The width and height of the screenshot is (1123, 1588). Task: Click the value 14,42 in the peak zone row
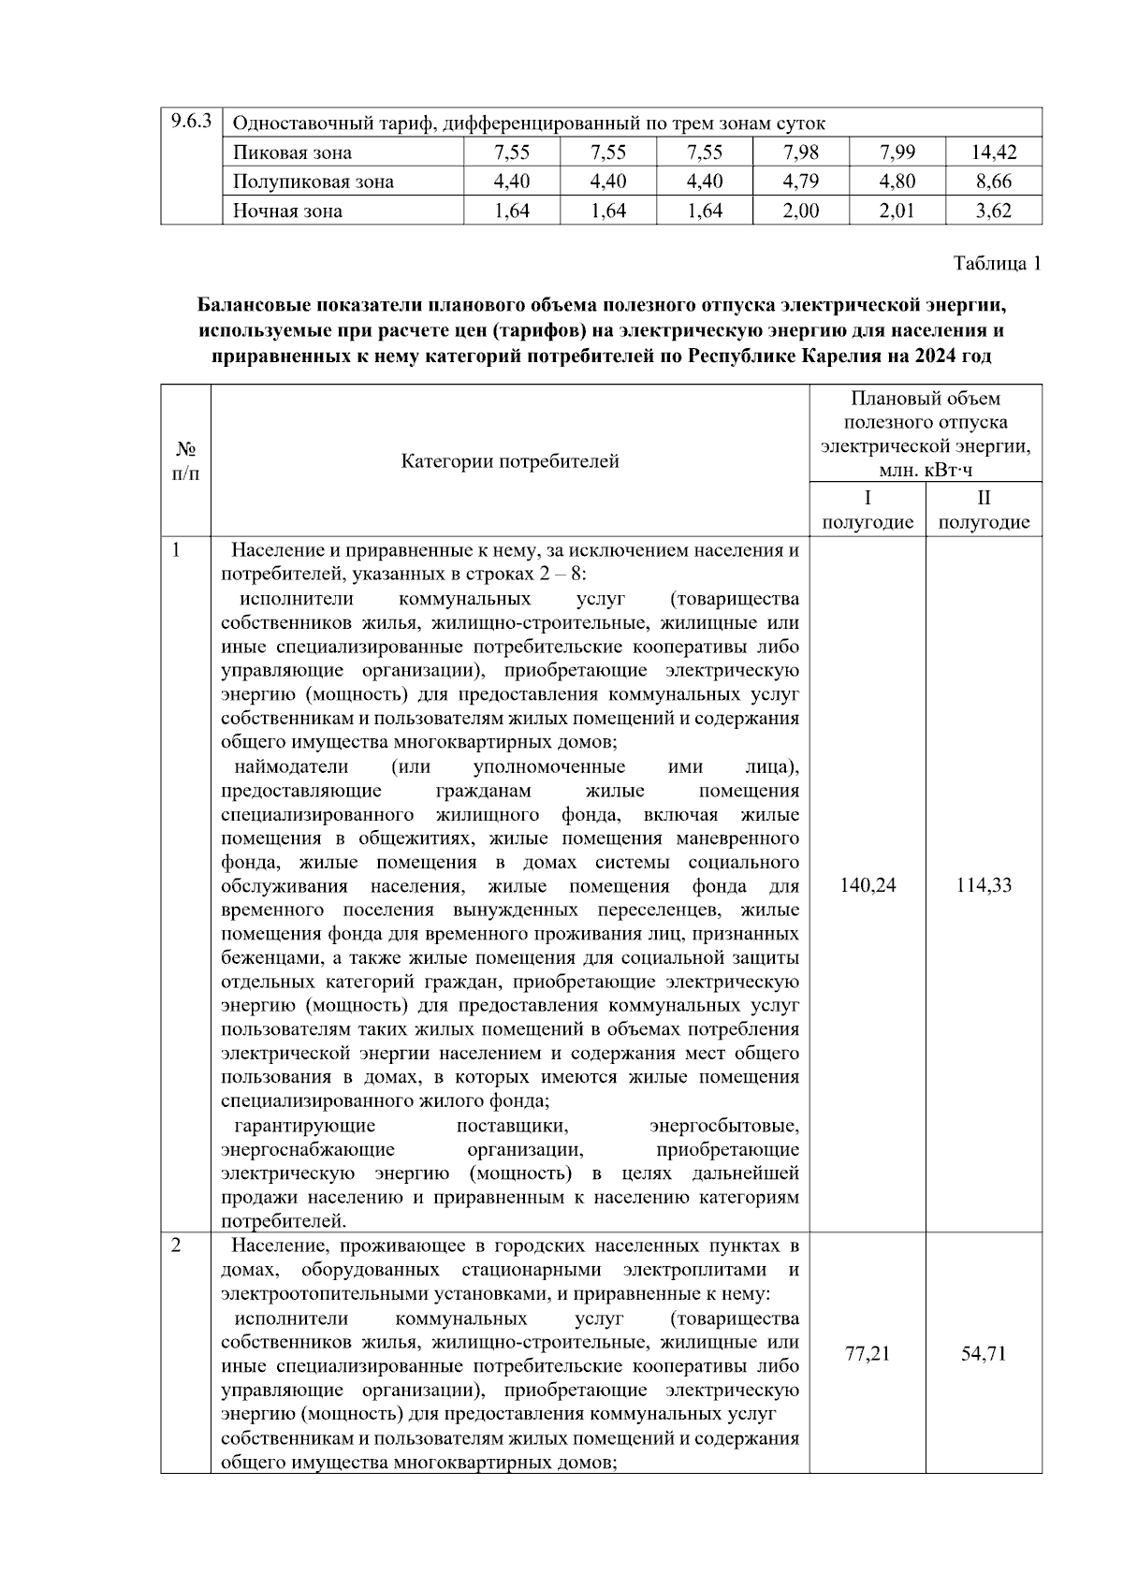(993, 153)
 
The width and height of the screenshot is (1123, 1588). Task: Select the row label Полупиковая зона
(313, 182)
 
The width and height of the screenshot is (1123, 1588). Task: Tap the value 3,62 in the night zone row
(993, 211)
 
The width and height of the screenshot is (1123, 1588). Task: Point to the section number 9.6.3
(191, 122)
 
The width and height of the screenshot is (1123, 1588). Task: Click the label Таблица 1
(997, 264)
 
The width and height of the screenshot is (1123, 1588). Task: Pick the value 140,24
(868, 885)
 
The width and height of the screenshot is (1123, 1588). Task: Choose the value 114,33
(984, 885)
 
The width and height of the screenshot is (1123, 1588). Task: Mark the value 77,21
(868, 1353)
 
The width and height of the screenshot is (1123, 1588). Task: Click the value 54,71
(984, 1353)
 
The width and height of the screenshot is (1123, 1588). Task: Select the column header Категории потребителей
(510, 461)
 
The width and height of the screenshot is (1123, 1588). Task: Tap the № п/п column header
(185, 461)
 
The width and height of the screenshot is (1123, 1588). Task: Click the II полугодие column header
(984, 510)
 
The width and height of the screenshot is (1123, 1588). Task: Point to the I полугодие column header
(868, 510)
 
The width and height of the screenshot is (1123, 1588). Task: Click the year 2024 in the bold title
(938, 357)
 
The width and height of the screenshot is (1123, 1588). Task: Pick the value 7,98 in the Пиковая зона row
(800, 153)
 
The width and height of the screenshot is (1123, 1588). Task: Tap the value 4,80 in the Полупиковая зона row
(897, 182)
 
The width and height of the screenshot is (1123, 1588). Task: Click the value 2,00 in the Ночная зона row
(800, 211)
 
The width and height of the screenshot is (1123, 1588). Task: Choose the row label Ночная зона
(287, 211)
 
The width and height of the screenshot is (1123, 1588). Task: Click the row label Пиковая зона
(292, 153)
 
